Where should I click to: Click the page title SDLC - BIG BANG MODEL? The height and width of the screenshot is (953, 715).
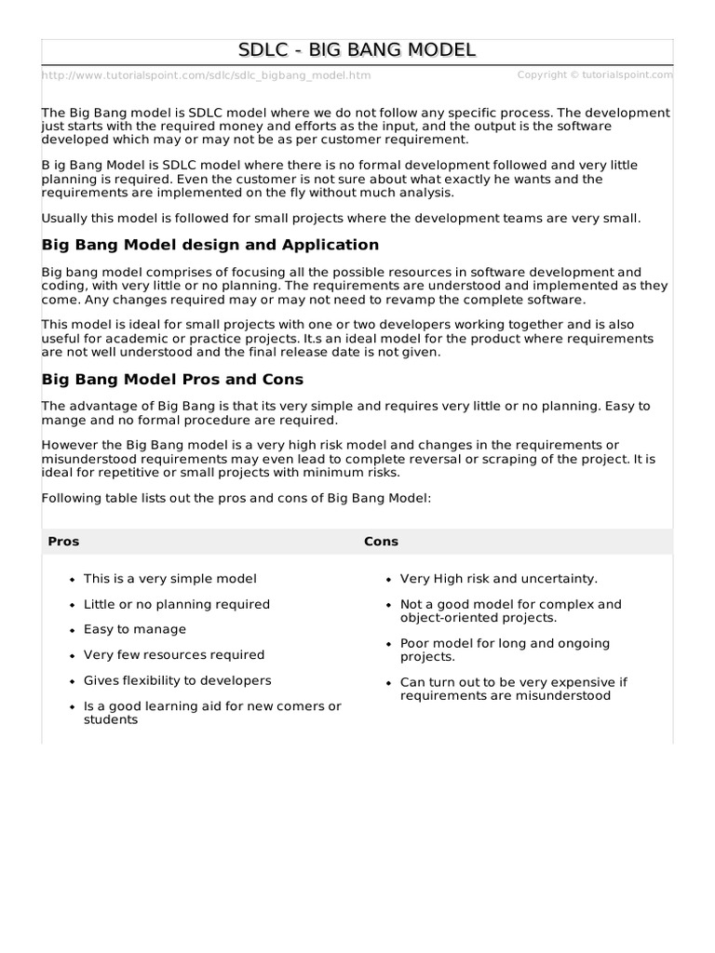(357, 50)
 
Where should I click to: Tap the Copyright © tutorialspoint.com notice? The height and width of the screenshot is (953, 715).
(594, 74)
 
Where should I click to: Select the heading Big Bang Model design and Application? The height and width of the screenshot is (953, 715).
(210, 245)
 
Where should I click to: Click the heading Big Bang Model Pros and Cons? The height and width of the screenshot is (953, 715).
(172, 380)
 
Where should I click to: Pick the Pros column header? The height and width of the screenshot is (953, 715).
(63, 541)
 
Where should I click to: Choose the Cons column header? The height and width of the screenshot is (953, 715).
(381, 541)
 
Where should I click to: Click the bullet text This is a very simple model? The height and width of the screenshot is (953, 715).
(170, 579)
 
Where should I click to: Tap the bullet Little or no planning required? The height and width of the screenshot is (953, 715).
(177, 604)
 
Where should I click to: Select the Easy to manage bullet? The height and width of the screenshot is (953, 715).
(135, 629)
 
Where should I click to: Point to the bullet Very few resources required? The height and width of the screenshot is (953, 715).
(174, 655)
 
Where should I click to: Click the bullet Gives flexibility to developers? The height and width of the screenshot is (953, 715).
(178, 680)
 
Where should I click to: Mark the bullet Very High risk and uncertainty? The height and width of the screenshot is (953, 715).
(499, 579)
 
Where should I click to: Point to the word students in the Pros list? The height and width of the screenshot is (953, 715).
(111, 719)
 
